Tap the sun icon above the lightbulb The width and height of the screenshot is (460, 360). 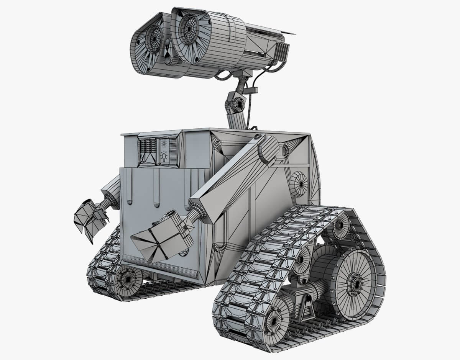point(164,144)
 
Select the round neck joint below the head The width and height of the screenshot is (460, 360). point(238,104)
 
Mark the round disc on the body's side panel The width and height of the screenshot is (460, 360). point(299,183)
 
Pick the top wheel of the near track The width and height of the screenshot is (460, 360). point(339,225)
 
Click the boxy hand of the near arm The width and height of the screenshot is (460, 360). point(161,237)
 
